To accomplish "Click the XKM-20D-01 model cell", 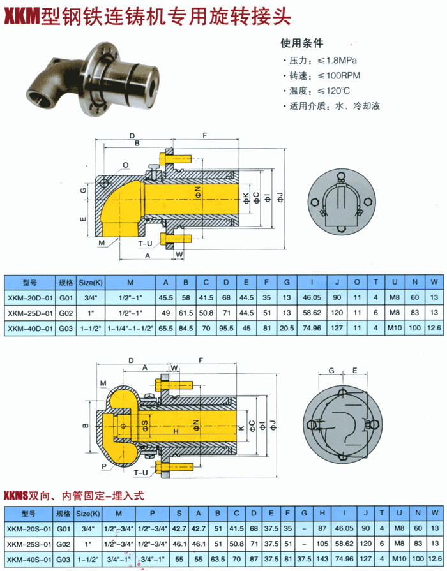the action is click(x=30, y=297).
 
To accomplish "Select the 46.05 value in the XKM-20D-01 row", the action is click(x=312, y=297).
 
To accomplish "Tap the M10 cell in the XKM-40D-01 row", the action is click(x=395, y=328).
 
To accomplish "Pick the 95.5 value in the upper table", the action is click(x=226, y=328).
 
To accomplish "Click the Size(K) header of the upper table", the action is click(x=91, y=282).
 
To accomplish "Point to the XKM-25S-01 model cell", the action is click(x=29, y=544).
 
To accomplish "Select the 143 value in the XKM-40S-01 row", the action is click(x=322, y=559).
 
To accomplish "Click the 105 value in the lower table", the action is click(x=322, y=544).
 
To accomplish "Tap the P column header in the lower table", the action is click(x=153, y=513).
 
